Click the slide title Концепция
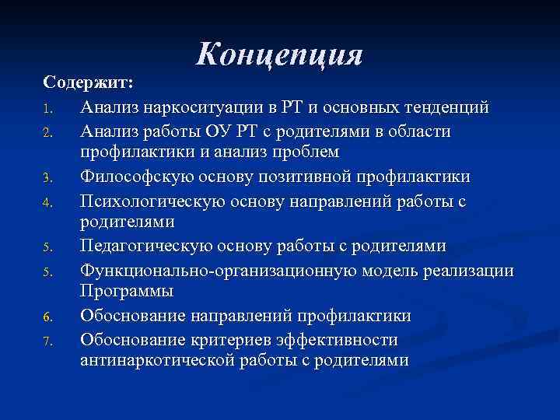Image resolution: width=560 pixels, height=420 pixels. click(280, 54)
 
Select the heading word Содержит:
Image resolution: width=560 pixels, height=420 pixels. click(89, 82)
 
